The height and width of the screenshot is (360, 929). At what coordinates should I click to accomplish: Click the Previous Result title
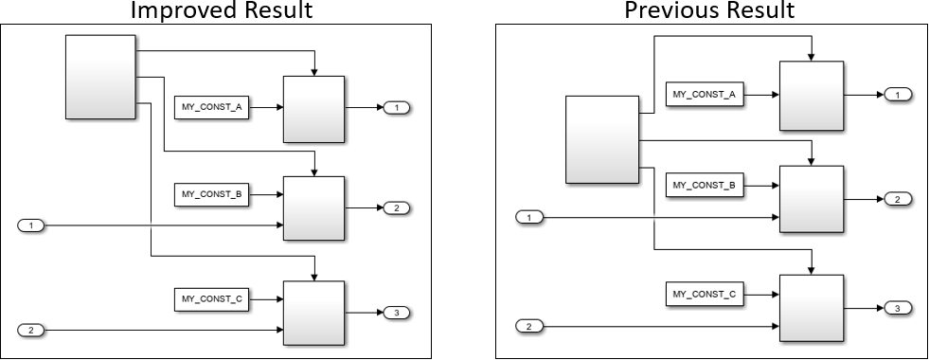tap(708, 10)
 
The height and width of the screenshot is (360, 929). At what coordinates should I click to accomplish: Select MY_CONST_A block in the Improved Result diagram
tap(213, 108)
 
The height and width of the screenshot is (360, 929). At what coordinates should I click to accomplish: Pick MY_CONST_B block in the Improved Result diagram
tap(213, 195)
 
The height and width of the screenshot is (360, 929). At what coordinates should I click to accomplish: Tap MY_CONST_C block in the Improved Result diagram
tap(213, 299)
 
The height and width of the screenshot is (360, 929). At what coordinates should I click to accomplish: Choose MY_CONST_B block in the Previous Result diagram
tap(705, 185)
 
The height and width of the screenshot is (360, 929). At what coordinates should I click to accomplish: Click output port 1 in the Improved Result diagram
tap(396, 108)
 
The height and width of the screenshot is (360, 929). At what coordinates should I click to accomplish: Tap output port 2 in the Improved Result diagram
tap(396, 207)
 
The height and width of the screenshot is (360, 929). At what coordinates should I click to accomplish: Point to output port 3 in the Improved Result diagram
tap(396, 312)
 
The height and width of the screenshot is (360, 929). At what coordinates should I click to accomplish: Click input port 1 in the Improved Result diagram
tap(31, 225)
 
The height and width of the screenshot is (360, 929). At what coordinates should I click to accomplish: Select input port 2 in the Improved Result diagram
tap(31, 330)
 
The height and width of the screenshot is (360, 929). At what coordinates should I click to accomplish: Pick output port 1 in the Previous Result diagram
tap(897, 94)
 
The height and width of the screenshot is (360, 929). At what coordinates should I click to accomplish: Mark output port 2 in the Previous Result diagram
tap(897, 199)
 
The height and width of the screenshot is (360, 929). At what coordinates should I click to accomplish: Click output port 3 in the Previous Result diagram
tap(897, 308)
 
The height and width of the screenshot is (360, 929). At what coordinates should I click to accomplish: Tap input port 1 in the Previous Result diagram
tap(529, 218)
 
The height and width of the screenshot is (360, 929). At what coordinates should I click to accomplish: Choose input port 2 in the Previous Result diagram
tap(529, 326)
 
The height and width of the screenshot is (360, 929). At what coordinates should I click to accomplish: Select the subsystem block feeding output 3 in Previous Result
tap(811, 307)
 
